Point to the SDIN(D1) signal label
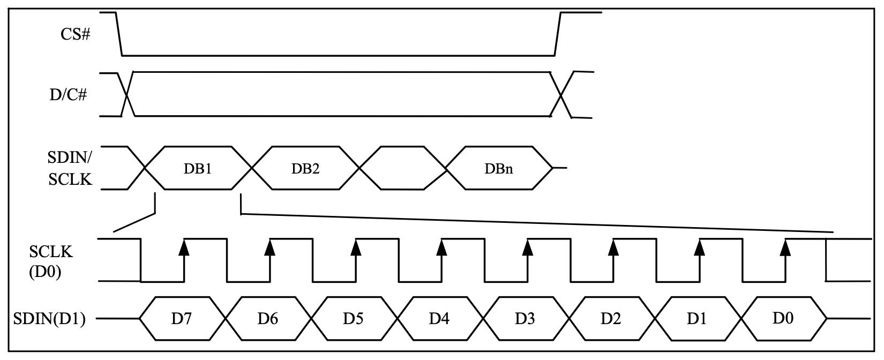click(49, 319)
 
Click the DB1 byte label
click(198, 168)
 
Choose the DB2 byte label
click(305, 168)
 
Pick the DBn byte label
click(499, 168)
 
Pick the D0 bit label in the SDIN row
click(783, 318)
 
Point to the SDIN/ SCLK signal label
click(70, 168)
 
